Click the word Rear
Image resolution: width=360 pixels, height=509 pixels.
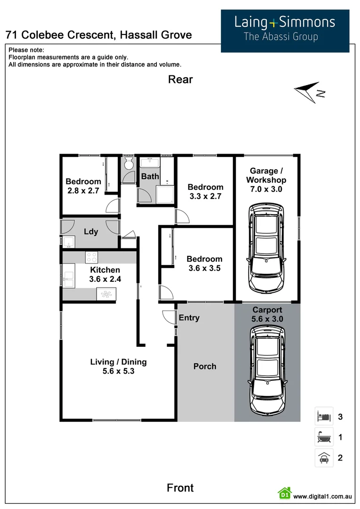180,80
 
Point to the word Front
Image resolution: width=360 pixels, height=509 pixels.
180,488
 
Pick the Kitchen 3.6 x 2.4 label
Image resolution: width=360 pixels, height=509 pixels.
105,274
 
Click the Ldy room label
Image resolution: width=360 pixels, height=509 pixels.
91,231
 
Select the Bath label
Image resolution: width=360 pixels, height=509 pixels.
150,176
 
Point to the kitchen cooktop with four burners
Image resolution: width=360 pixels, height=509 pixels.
91,257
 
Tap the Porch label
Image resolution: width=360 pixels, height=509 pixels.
205,366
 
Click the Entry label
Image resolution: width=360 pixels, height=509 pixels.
189,318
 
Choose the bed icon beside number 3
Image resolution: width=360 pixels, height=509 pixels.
324,416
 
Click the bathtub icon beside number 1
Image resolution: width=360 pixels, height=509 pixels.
324,437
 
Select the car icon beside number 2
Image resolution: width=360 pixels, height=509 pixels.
324,458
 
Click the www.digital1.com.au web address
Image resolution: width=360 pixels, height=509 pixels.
323,496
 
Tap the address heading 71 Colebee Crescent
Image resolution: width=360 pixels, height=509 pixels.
98,34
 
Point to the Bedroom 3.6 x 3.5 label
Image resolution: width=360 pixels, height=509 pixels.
205,263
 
